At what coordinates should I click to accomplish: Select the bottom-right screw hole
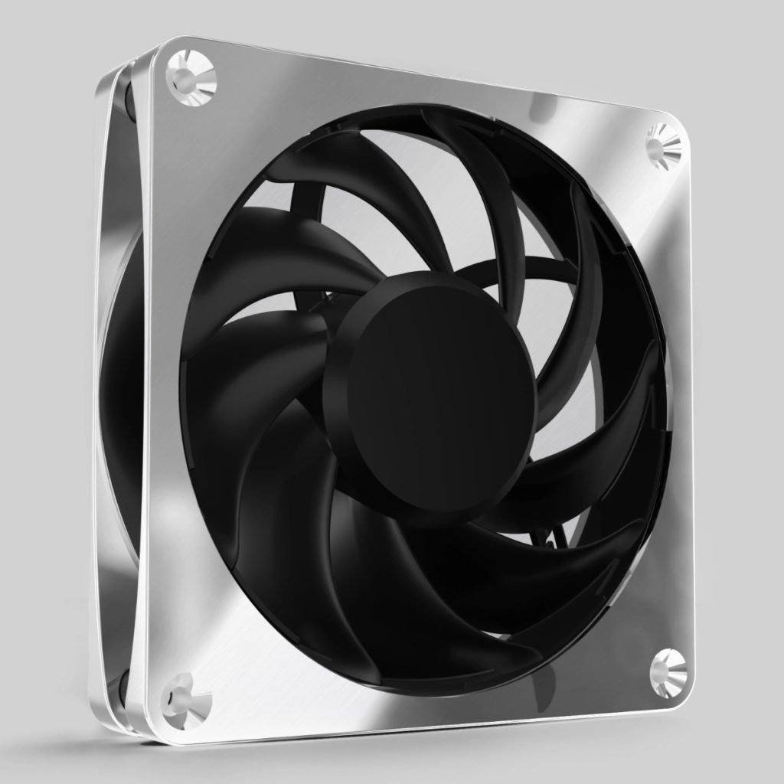click(x=667, y=668)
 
